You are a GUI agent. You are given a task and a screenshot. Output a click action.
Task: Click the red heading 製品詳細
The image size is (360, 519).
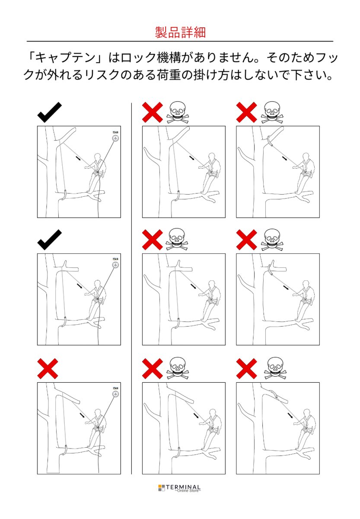(180, 32)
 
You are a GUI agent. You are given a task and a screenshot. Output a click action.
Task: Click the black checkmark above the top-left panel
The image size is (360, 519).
(49, 112)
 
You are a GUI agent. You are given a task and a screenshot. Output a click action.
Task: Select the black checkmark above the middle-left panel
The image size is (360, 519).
(49, 240)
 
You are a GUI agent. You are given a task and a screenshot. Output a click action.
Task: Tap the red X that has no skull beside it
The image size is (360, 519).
(48, 368)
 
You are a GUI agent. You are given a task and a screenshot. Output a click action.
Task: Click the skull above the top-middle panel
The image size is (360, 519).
(177, 112)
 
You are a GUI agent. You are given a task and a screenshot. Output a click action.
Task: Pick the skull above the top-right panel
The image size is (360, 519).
(272, 112)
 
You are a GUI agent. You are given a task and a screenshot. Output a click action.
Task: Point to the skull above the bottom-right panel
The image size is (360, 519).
(275, 368)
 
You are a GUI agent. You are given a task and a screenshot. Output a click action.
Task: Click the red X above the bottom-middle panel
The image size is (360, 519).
(152, 368)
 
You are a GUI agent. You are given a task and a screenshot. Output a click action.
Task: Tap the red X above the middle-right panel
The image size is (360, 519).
(247, 240)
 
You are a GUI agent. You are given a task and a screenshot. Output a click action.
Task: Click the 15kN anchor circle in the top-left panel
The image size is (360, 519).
(115, 138)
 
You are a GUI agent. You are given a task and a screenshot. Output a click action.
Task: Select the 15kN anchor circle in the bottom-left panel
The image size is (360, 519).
(115, 394)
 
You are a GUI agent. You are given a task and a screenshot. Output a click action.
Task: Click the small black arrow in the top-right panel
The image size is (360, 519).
(285, 158)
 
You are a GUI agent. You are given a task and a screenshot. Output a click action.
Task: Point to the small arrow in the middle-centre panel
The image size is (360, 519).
(193, 286)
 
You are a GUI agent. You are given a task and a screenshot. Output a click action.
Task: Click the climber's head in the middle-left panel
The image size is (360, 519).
(98, 284)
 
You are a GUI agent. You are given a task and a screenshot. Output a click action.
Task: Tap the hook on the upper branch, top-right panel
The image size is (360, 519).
(270, 141)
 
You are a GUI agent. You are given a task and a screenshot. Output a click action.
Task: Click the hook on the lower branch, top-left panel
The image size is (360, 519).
(64, 195)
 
